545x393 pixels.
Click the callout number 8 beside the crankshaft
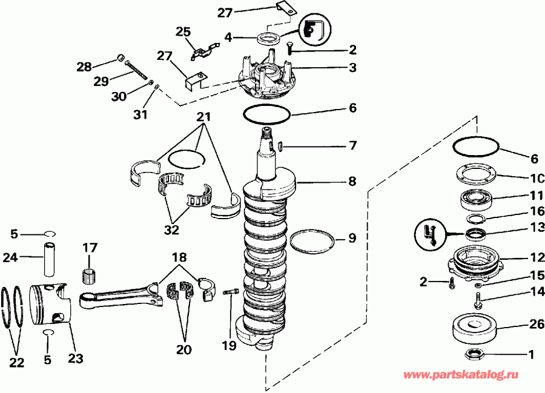[352, 180]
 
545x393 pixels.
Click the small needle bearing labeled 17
[90, 274]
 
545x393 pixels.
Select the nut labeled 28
[121, 58]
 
